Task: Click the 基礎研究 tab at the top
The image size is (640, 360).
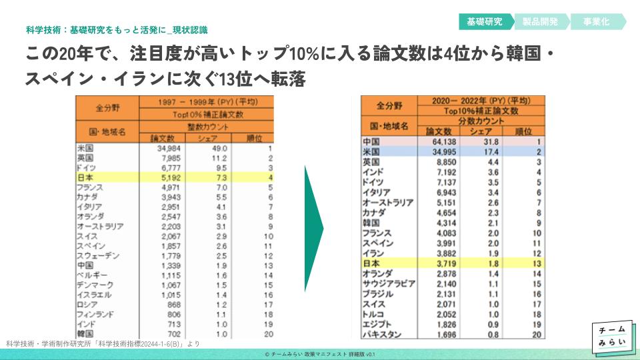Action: [485, 21]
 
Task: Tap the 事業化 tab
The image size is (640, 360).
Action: [596, 21]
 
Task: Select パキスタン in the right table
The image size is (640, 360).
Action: [382, 333]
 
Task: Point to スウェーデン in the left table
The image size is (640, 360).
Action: [99, 256]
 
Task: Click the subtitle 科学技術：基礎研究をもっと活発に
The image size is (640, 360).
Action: [117, 30]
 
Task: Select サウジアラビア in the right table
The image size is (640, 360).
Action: [388, 283]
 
